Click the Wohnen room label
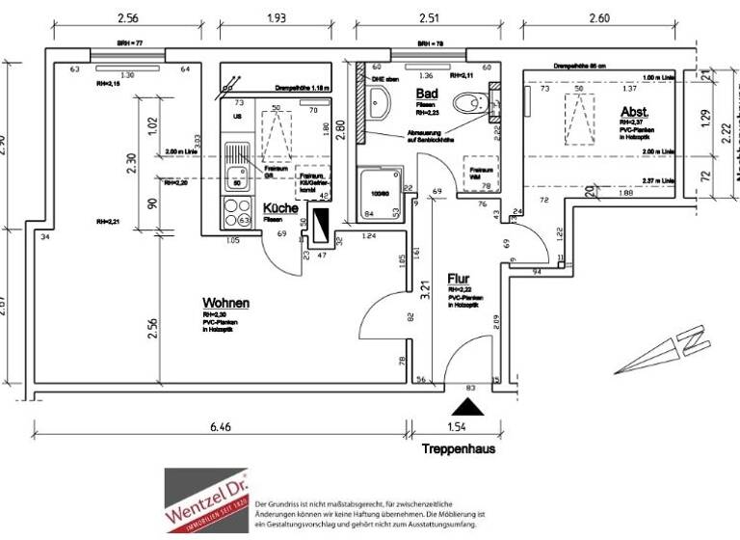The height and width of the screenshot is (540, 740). point(225,303)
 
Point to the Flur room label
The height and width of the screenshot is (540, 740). point(458,280)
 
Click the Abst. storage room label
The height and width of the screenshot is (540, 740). point(634,112)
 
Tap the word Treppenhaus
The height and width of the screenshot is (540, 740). point(460,449)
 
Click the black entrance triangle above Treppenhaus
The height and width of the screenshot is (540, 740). point(470,409)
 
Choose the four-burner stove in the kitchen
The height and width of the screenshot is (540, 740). point(236,210)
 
